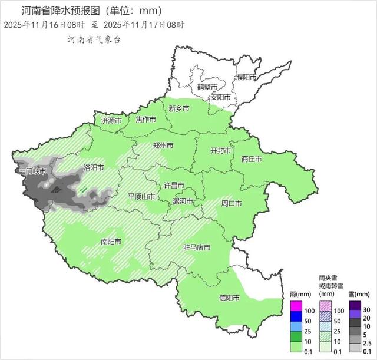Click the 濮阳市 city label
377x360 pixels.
coord(246,77)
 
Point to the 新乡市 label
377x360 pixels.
coord(179,108)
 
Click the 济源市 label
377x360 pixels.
coord(111,120)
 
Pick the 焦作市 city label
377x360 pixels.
coord(145,120)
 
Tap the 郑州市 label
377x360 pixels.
coord(163,145)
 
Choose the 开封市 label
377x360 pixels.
coord(221,150)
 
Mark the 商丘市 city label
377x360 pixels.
coord(252,159)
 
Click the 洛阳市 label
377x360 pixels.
coord(94,167)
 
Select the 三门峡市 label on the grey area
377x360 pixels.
coord(32,171)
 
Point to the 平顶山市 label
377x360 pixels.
coord(142,196)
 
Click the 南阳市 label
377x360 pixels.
coord(111,242)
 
